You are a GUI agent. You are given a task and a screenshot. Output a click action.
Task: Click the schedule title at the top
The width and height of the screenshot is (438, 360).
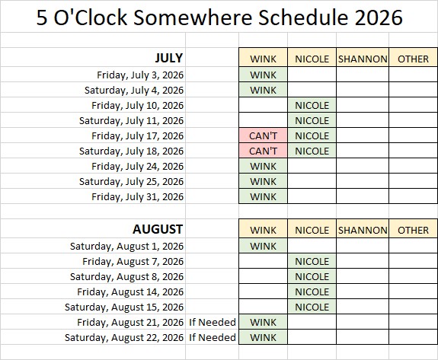(x=219, y=18)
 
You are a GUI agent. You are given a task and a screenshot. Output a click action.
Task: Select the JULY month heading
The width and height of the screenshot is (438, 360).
(x=169, y=58)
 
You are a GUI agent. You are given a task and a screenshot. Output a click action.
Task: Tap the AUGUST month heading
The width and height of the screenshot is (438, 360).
(x=158, y=229)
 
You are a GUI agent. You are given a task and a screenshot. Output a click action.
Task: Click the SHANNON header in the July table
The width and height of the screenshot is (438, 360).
(x=363, y=59)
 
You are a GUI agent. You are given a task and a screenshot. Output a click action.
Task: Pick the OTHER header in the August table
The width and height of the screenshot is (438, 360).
(x=413, y=230)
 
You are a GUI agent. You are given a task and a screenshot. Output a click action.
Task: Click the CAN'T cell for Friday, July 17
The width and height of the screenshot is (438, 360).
(x=263, y=135)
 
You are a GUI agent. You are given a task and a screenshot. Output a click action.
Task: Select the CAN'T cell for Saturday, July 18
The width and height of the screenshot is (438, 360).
(x=263, y=151)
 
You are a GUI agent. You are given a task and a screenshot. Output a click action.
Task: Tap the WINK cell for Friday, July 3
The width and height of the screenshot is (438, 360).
(x=263, y=75)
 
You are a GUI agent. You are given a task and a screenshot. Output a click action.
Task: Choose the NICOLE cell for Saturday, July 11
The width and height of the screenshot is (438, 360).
(x=312, y=120)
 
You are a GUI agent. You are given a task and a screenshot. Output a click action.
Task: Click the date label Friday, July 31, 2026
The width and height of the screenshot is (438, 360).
(x=138, y=196)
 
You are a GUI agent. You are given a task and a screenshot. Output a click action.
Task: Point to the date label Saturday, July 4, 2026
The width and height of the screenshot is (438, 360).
(x=134, y=90)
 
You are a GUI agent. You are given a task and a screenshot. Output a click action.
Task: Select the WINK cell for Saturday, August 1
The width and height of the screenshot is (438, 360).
(x=263, y=246)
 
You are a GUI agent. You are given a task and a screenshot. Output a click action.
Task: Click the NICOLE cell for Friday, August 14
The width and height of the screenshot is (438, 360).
(x=312, y=292)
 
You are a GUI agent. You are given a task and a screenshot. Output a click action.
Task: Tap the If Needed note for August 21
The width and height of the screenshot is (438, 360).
(x=213, y=322)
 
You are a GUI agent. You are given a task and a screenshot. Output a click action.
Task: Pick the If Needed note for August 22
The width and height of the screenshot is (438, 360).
(x=213, y=337)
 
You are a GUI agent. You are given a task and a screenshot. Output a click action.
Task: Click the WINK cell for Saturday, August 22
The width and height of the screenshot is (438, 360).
(x=263, y=337)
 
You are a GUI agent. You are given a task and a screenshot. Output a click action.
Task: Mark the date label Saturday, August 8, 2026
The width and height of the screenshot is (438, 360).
(x=126, y=276)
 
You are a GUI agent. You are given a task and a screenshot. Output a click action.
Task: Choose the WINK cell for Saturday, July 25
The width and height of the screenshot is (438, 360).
(x=263, y=181)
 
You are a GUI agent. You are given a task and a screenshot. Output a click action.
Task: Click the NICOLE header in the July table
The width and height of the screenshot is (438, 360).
(x=312, y=59)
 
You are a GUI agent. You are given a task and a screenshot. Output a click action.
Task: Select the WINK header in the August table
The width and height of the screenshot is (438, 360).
(x=263, y=230)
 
